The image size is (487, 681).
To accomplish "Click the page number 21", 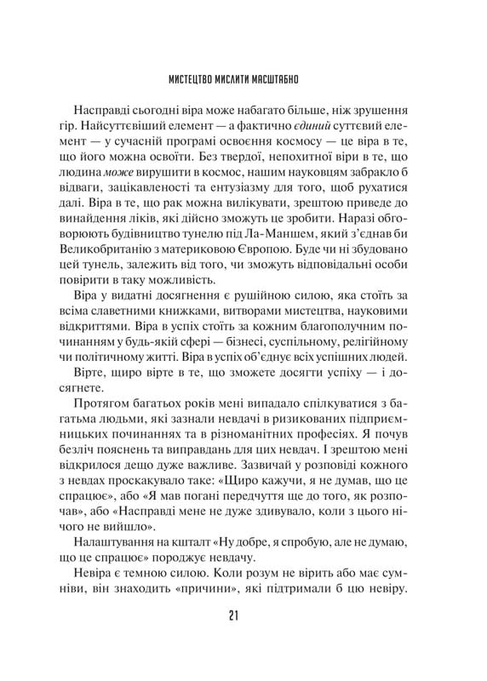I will pyautogui.click(x=243, y=616).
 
